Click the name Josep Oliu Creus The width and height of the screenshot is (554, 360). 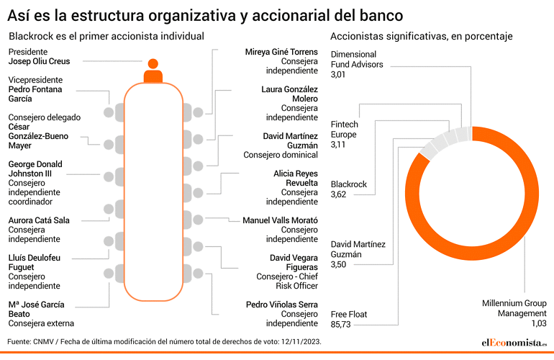point(40,61)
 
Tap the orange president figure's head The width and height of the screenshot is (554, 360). point(153,63)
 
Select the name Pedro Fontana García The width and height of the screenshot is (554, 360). point(35,94)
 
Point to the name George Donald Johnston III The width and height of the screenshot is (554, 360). point(35,169)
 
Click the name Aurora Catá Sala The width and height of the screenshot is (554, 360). point(39,220)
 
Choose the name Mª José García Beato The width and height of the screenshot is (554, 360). point(37,310)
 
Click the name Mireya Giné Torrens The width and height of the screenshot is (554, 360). point(281,52)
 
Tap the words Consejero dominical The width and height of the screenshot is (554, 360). point(281,155)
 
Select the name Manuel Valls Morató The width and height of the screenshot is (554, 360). point(280,220)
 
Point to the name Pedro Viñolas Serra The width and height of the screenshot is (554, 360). point(282,305)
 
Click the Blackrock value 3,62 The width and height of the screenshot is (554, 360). point(338,194)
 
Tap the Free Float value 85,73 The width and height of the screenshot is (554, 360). point(340,324)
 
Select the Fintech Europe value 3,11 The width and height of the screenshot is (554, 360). point(337,145)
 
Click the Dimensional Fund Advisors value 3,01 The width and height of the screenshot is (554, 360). point(337,75)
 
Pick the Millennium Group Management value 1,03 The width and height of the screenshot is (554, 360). point(539,323)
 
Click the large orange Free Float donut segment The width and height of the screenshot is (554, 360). point(532,194)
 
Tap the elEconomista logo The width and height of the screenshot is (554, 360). point(514,343)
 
